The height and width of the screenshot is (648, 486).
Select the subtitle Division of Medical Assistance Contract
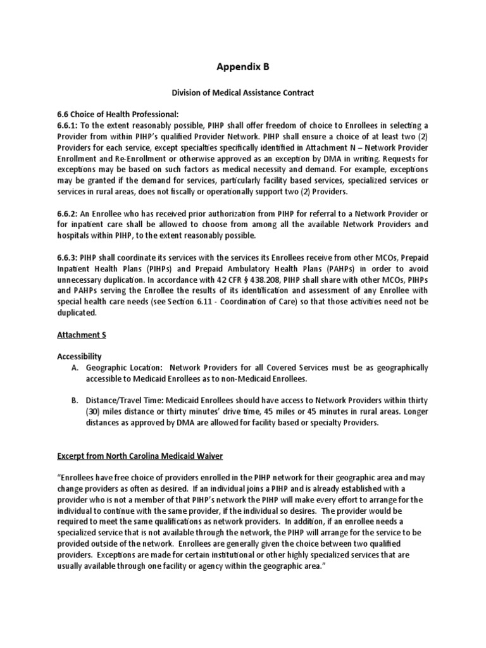pyautogui.click(x=243, y=93)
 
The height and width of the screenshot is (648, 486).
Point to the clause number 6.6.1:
pyautogui.click(x=69, y=125)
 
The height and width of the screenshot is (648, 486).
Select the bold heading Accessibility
pyautogui.click(x=78, y=357)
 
